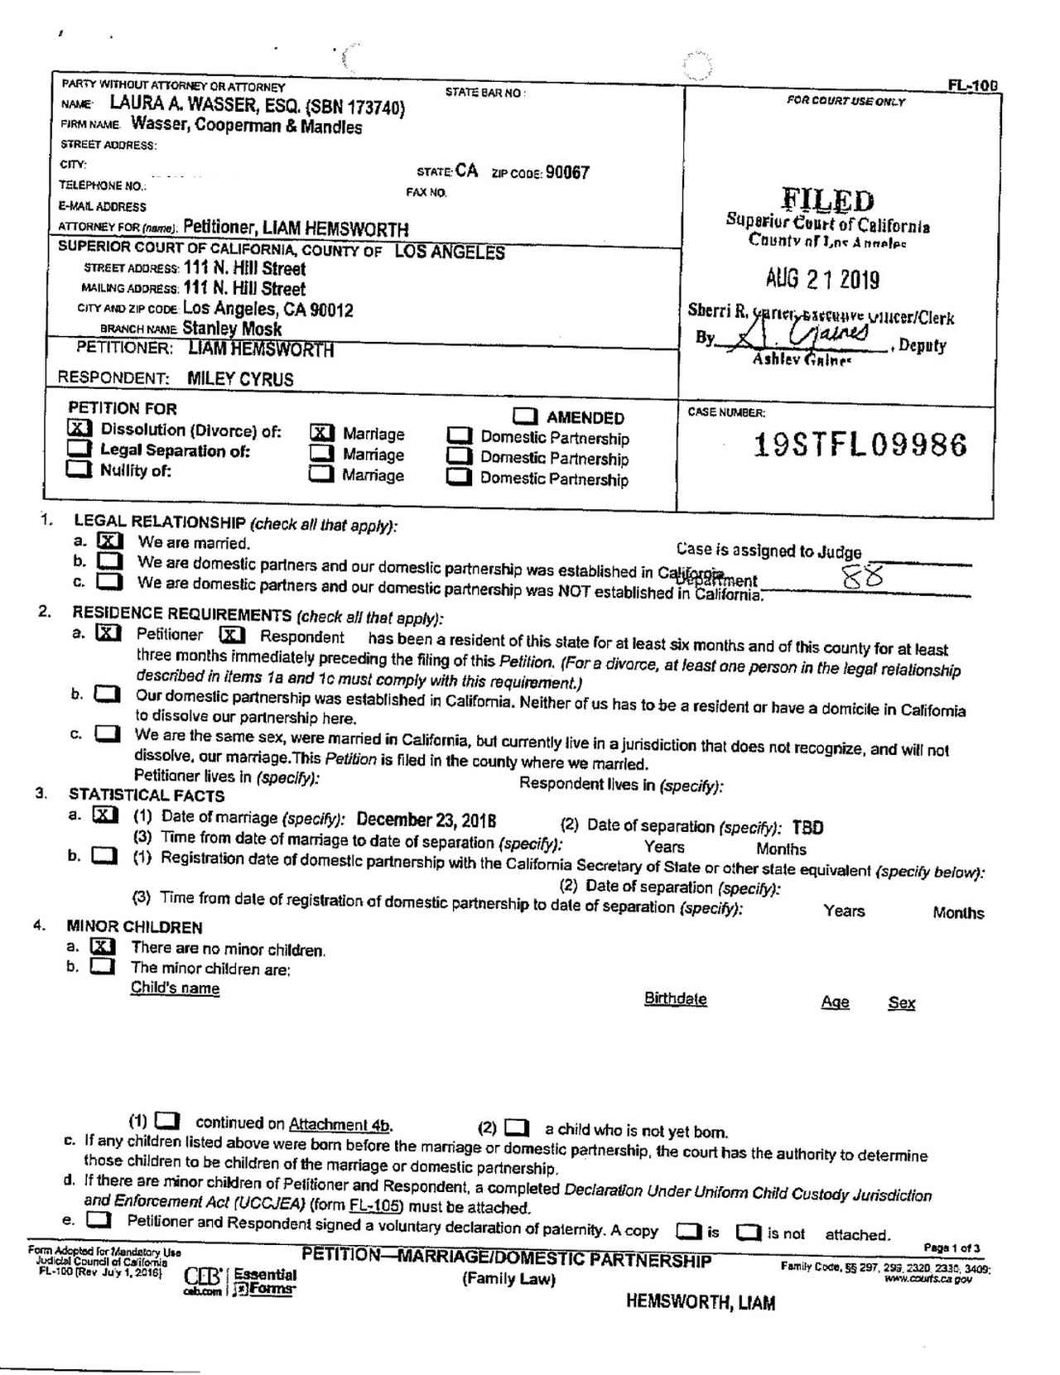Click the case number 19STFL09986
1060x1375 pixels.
[860, 445]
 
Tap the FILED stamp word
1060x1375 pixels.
[827, 200]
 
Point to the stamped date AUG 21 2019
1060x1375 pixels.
[822, 280]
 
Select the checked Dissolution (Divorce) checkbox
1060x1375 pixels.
[79, 428]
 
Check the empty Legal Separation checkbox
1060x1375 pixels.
[79, 449]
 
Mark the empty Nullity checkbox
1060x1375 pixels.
[79, 469]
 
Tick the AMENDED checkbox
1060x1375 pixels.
[525, 416]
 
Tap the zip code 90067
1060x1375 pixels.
[567, 173]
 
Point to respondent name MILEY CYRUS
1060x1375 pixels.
[240, 379]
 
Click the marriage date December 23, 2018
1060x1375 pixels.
[426, 820]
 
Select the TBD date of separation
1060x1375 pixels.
[807, 828]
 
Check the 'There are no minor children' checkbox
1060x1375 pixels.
[103, 946]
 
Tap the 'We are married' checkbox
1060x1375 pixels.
[110, 541]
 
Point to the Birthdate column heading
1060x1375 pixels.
[675, 998]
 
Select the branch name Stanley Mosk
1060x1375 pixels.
[232, 329]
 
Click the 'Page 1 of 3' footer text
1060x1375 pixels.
[952, 1248]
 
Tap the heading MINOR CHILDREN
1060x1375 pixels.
[134, 926]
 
